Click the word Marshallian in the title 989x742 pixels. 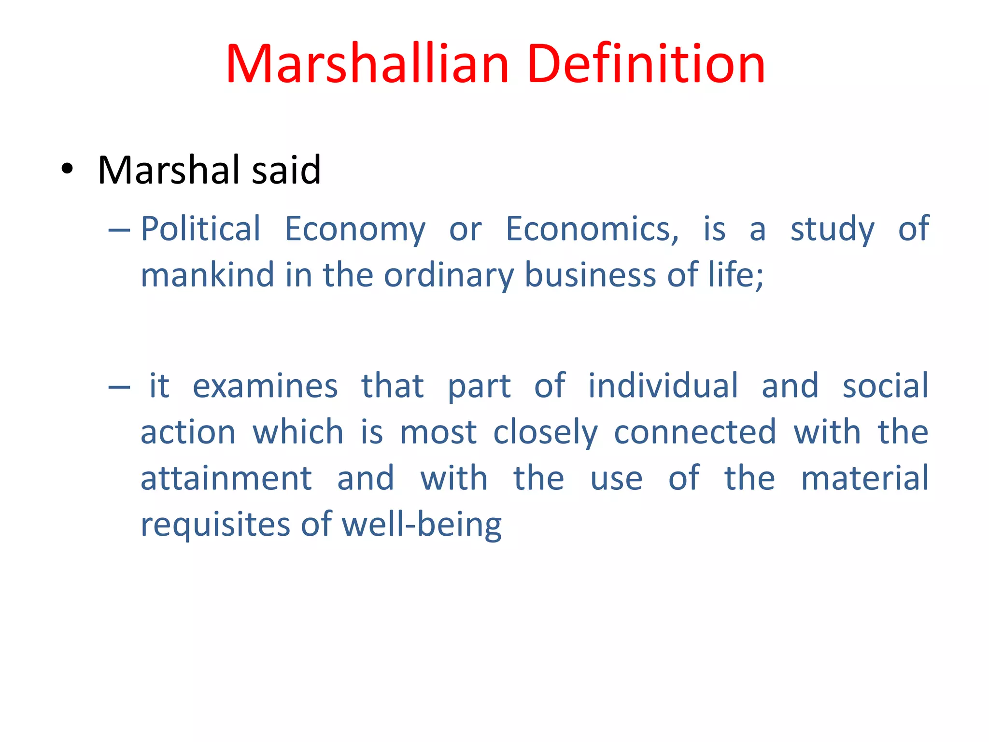(x=367, y=64)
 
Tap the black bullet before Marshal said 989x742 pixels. (x=67, y=170)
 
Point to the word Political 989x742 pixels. (x=200, y=229)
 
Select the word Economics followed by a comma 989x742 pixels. (x=592, y=229)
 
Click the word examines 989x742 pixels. (x=265, y=386)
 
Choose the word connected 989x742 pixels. (x=695, y=432)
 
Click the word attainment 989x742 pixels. (x=226, y=478)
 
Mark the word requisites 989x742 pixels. (x=215, y=525)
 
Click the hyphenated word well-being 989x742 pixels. (x=422, y=525)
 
